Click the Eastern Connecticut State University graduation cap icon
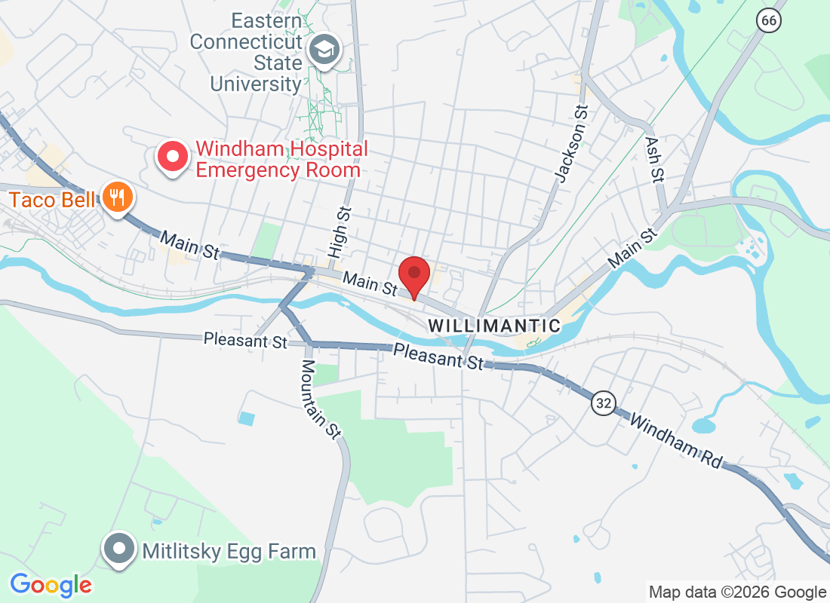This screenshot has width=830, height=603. tap(327, 51)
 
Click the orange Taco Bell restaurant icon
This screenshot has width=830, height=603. tap(117, 197)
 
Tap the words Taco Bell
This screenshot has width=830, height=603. tap(52, 200)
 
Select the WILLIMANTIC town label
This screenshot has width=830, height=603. tap(494, 326)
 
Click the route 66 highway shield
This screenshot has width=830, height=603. tap(768, 20)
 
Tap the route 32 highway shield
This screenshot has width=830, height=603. tap(603, 403)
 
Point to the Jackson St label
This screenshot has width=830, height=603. tap(571, 152)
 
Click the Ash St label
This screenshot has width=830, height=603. tap(654, 158)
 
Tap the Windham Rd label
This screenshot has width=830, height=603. tap(676, 439)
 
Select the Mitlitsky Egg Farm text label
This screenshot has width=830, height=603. tap(229, 552)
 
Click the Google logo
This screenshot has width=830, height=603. tap(51, 585)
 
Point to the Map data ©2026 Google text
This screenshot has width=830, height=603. tap(737, 592)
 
